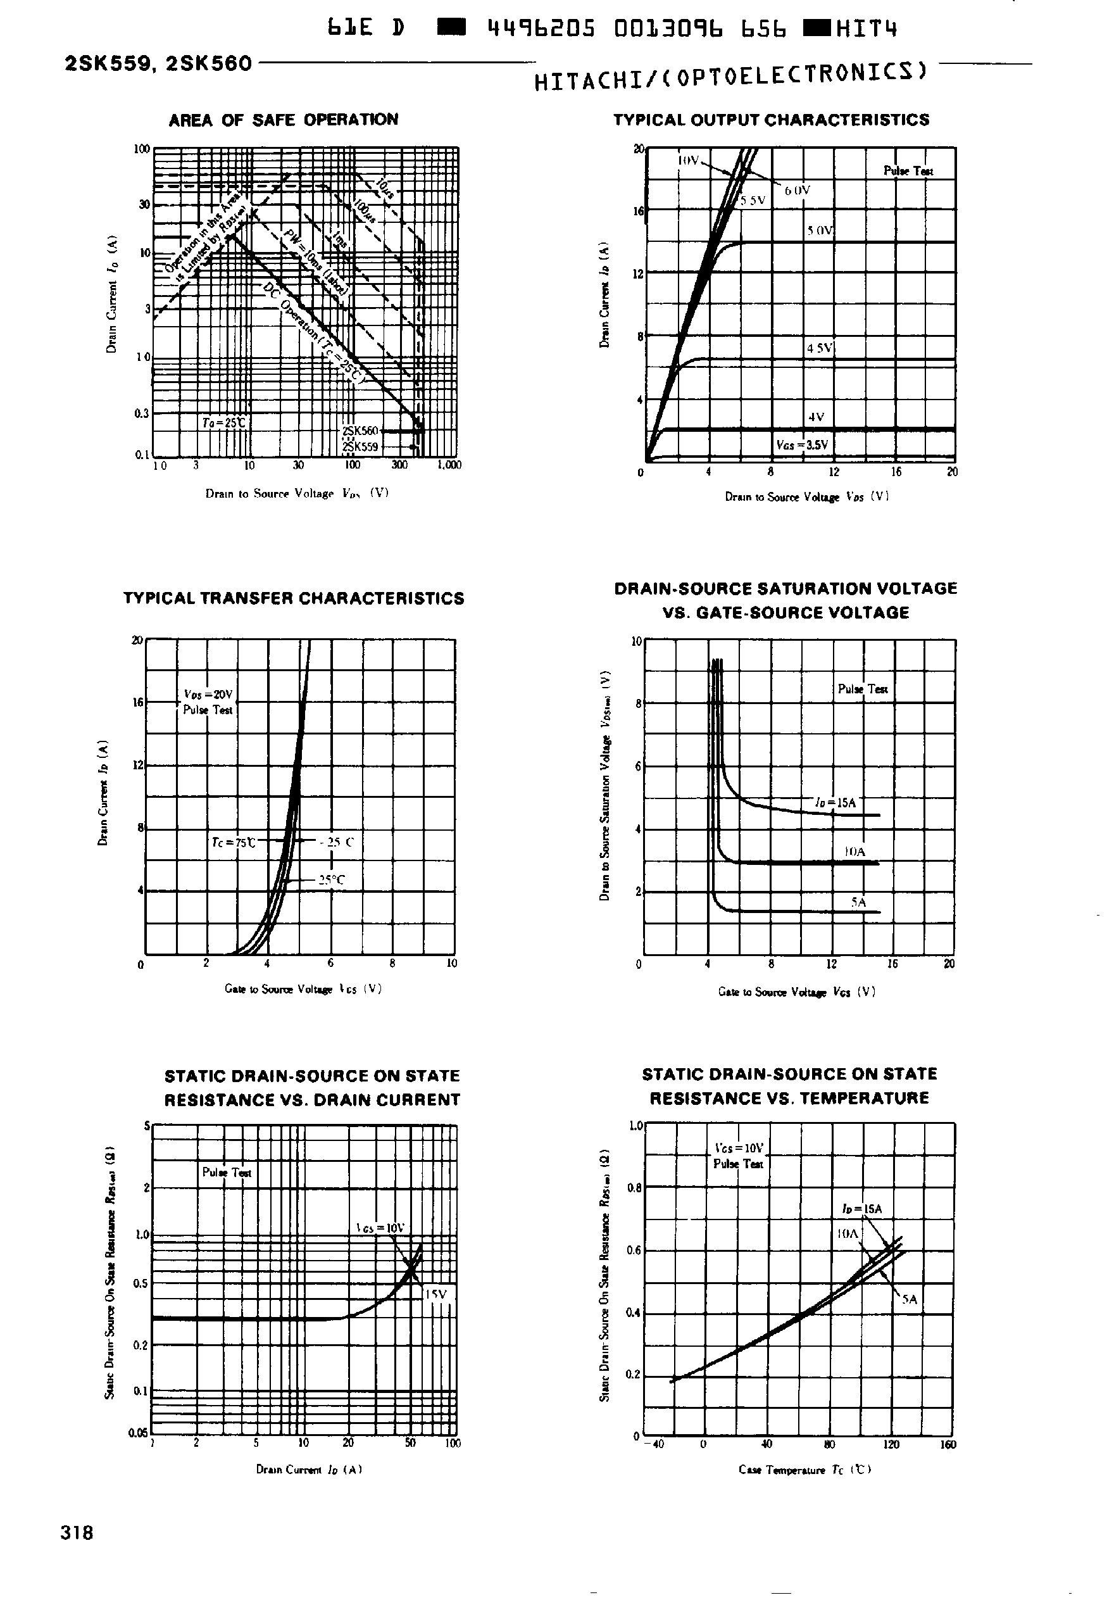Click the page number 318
(x=77, y=1532)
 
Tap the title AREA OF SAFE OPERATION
(x=284, y=120)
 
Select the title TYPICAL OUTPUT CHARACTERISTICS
(x=772, y=120)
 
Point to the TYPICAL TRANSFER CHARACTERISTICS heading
(x=294, y=598)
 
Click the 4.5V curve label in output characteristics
(x=820, y=348)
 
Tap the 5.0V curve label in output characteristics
(x=820, y=230)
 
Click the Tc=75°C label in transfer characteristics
(x=233, y=843)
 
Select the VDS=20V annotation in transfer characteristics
(x=208, y=695)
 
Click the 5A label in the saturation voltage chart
(x=858, y=902)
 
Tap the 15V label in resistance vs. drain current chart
(x=435, y=1294)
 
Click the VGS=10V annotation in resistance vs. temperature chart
(x=739, y=1148)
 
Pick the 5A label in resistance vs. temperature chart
(x=909, y=1299)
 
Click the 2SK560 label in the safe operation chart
(x=360, y=431)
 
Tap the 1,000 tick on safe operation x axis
(x=449, y=465)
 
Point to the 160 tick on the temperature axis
(x=947, y=1444)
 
